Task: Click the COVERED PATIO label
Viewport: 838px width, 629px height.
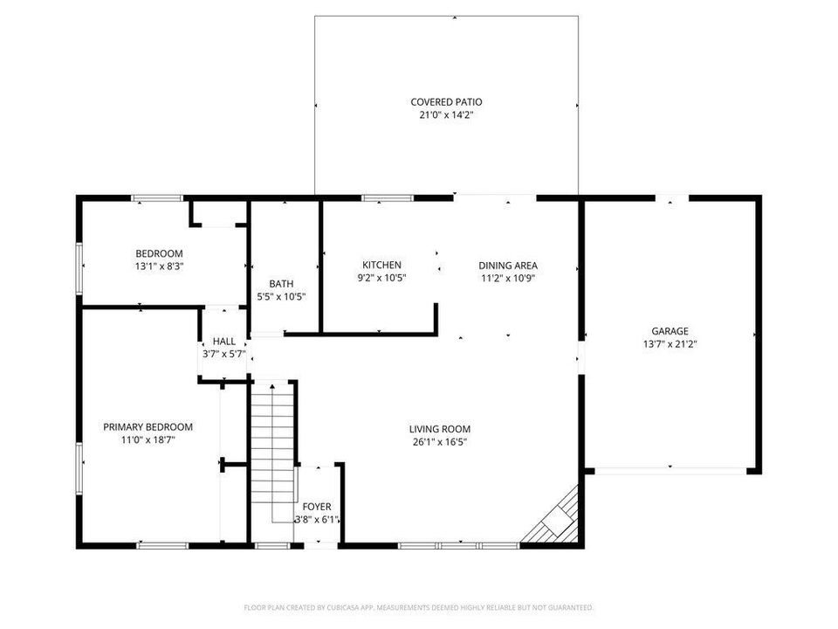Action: tap(446, 102)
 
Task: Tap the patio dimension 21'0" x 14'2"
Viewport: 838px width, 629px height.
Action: tap(446, 114)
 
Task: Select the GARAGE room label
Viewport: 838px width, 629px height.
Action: tap(670, 331)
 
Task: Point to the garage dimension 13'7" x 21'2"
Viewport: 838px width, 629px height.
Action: tap(670, 343)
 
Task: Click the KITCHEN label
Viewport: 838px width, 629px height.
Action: tap(381, 265)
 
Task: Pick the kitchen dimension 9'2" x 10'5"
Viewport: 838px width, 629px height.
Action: tap(381, 277)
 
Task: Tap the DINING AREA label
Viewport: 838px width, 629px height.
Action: tap(507, 266)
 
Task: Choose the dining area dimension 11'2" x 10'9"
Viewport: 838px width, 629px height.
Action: tap(507, 278)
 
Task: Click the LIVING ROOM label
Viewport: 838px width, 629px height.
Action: tap(440, 429)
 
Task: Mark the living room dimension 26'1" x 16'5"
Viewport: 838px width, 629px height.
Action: tap(440, 441)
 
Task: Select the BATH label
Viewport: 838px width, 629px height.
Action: tap(281, 284)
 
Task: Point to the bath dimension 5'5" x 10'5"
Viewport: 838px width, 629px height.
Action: tap(281, 296)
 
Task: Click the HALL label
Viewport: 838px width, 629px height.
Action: tap(223, 342)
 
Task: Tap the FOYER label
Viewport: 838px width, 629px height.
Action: tap(316, 507)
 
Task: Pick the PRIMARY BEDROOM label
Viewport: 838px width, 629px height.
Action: tap(148, 427)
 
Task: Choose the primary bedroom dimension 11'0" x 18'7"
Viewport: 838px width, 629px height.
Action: tap(148, 439)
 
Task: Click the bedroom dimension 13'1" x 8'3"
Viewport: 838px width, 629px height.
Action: tap(159, 266)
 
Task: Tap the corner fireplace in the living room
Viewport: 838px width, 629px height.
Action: tap(553, 520)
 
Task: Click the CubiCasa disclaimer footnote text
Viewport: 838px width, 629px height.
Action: tap(419, 607)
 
